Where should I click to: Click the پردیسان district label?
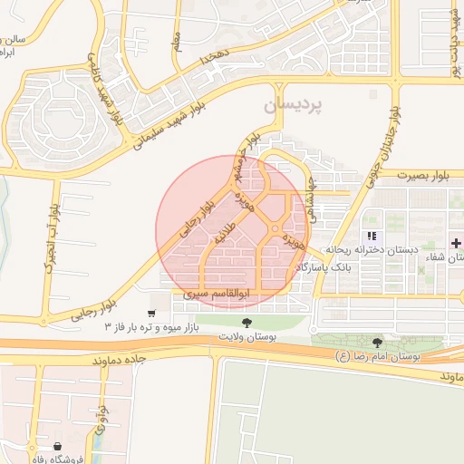pyautogui.click(x=294, y=107)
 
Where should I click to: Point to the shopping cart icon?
pyautogui.click(x=151, y=314)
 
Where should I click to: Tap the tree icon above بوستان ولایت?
pyautogui.click(x=246, y=323)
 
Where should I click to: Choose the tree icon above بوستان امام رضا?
pyautogui.click(x=377, y=343)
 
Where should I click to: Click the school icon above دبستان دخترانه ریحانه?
pyautogui.click(x=371, y=237)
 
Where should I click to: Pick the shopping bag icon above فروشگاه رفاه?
pyautogui.click(x=59, y=446)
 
